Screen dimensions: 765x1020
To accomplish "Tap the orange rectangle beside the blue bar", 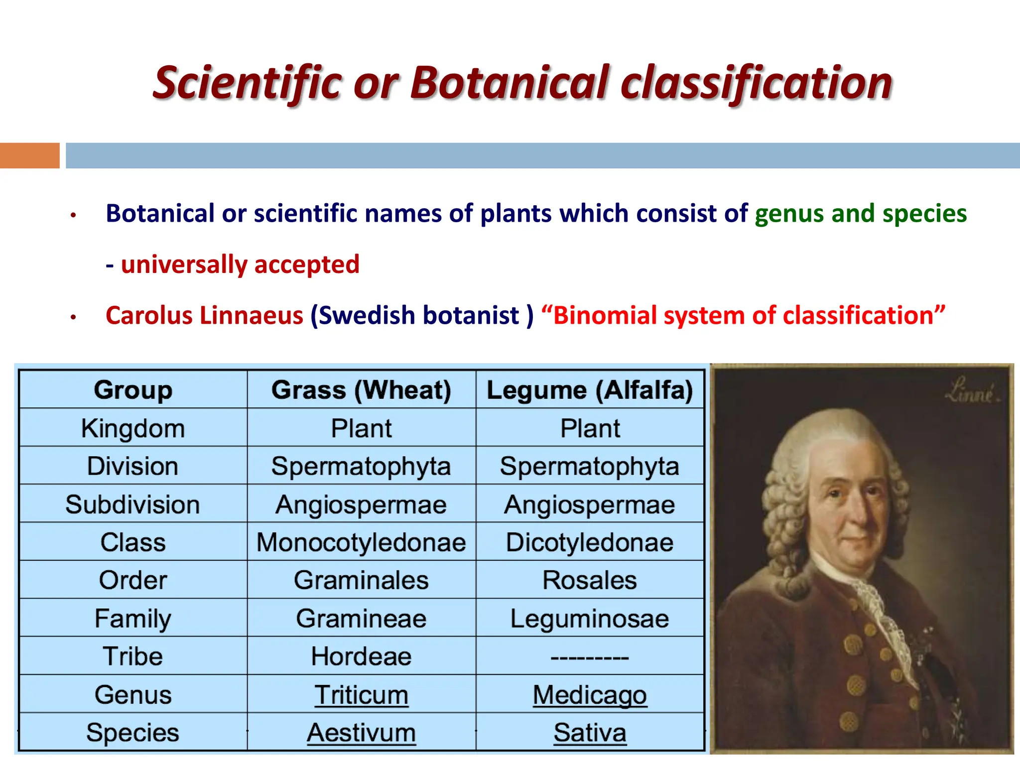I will [29, 155].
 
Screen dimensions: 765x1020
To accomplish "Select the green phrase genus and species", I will [860, 214].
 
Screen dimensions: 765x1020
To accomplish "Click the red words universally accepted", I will [240, 264].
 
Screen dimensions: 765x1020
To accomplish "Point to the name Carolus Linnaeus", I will [204, 316].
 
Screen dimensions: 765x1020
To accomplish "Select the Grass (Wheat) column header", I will [361, 390].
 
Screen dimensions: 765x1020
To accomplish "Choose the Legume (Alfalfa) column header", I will [590, 390].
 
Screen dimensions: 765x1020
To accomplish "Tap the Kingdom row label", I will [133, 428].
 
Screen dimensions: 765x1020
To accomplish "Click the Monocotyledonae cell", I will [361, 542].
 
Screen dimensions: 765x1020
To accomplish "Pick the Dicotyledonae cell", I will [590, 542].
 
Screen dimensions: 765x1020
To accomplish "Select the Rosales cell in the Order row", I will [590, 580].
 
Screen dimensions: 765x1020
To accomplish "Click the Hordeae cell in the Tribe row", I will [361, 656].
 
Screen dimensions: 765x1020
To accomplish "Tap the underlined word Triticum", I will [361, 695].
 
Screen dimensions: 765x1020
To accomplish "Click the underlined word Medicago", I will [590, 695].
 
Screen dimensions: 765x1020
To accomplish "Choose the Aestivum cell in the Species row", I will [361, 733].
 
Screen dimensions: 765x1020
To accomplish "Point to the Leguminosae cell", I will [590, 619].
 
